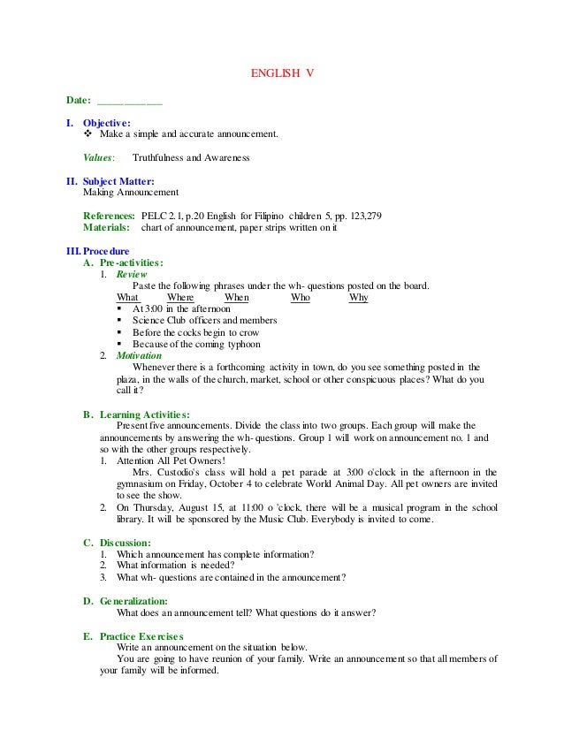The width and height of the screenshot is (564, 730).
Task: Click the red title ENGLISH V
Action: (x=281, y=74)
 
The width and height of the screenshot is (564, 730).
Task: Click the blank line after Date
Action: (x=129, y=99)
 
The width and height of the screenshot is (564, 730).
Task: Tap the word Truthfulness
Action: (x=160, y=158)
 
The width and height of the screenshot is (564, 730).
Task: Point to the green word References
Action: (x=109, y=216)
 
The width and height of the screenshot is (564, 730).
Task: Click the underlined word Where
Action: (x=180, y=298)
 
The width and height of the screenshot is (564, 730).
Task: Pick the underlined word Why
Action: (x=358, y=298)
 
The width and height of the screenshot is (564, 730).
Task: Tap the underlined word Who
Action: (x=301, y=298)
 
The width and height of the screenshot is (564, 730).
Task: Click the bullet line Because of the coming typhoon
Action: (x=196, y=344)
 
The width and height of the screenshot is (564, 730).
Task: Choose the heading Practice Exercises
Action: (x=141, y=635)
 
